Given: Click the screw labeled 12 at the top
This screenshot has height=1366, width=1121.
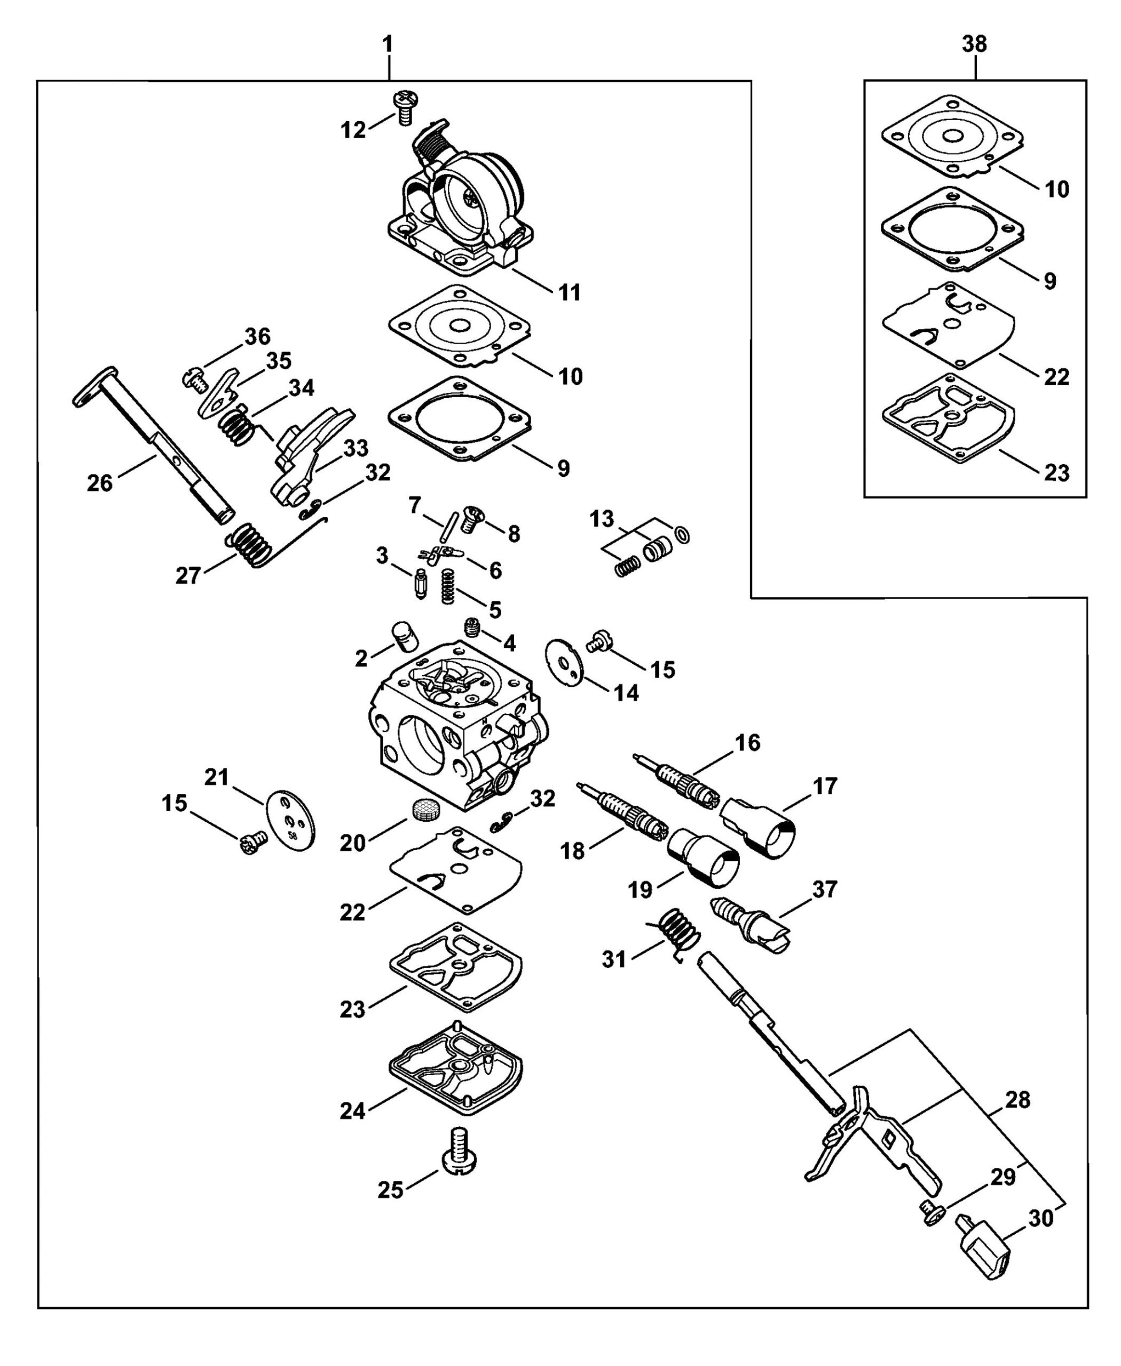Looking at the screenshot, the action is click(405, 108).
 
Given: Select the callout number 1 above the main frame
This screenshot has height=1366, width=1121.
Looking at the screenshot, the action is click(388, 44).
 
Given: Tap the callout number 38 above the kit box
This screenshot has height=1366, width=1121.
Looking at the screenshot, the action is click(974, 44).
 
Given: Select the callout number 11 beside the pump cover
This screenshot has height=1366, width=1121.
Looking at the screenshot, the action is click(569, 292).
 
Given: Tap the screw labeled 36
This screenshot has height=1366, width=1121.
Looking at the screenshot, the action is click(196, 378).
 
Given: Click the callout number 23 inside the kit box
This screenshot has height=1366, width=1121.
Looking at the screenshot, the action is click(1056, 473).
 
